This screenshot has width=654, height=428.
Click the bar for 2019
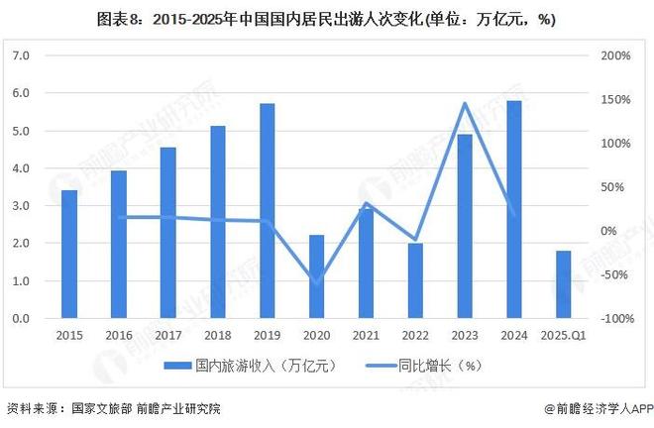point(267,211)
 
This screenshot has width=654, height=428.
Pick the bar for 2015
point(69,254)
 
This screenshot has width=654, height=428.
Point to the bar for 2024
point(513,209)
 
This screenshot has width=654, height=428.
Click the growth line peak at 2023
point(465,103)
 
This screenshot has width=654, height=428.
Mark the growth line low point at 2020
point(316,280)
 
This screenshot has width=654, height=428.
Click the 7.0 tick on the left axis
point(21,56)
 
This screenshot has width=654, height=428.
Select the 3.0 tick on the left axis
point(21,206)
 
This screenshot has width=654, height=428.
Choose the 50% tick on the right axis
point(617,187)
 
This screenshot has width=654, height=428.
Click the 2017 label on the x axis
point(167,335)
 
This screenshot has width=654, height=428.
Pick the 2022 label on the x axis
point(415,335)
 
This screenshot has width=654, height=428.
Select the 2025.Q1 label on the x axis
point(563,335)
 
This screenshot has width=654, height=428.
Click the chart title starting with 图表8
point(327,18)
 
